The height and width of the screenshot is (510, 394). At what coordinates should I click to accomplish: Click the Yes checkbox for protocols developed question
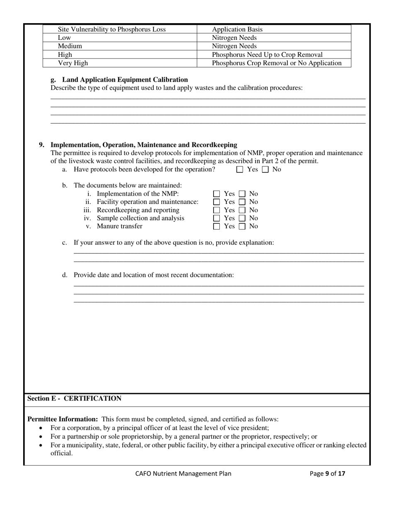[240, 170]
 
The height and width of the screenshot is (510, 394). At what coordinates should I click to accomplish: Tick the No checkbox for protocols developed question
[265, 170]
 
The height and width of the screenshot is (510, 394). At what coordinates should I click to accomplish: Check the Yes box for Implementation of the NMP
[216, 194]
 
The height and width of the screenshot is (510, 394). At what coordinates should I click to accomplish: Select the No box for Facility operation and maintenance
[242, 202]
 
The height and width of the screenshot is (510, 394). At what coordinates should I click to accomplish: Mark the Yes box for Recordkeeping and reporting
[216, 210]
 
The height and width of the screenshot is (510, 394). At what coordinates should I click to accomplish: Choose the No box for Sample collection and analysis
[242, 218]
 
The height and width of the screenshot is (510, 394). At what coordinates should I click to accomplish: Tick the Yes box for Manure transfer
[216, 226]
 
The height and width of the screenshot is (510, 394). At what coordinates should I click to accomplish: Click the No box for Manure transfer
[242, 226]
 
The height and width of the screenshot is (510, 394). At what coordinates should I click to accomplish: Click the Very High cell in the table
[73, 63]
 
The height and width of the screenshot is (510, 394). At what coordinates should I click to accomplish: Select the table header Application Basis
[237, 29]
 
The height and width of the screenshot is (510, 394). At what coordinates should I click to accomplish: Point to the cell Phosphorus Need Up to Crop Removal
[267, 55]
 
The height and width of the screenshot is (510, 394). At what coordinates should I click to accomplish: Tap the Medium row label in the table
[70, 46]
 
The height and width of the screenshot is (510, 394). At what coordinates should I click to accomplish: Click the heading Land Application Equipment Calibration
[125, 80]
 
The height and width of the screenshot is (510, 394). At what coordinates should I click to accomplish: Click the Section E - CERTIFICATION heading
[75, 398]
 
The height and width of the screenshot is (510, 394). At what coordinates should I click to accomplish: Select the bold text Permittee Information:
[63, 419]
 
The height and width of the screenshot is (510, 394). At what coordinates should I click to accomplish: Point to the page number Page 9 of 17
[327, 474]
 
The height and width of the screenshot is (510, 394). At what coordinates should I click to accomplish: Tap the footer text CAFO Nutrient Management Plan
[183, 474]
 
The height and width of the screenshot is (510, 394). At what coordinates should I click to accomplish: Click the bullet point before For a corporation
[40, 428]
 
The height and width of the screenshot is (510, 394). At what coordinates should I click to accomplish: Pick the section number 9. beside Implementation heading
[42, 145]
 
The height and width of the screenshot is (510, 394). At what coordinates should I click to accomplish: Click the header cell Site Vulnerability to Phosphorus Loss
[112, 29]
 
